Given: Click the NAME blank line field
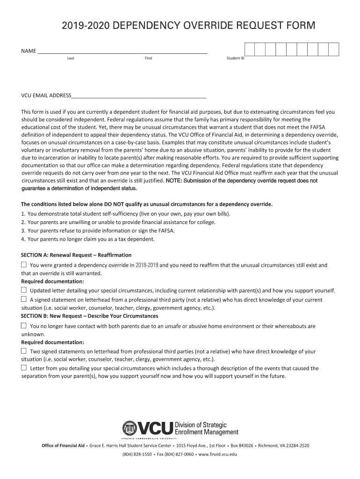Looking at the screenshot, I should click(122, 51).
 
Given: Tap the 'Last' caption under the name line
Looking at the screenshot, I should click(71, 58).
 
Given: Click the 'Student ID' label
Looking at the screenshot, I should click(235, 58).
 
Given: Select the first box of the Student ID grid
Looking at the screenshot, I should click(250, 50).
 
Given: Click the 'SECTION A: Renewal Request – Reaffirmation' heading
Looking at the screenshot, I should click(76, 255).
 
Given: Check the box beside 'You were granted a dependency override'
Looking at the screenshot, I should click(24, 265).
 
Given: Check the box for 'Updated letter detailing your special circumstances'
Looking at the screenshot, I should click(24, 290).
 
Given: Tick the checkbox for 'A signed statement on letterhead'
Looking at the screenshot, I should click(24, 299).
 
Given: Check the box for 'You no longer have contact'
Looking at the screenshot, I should click(24, 326).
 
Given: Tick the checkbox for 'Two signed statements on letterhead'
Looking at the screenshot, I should click(24, 351).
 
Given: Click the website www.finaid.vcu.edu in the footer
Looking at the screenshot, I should click(218, 454).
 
